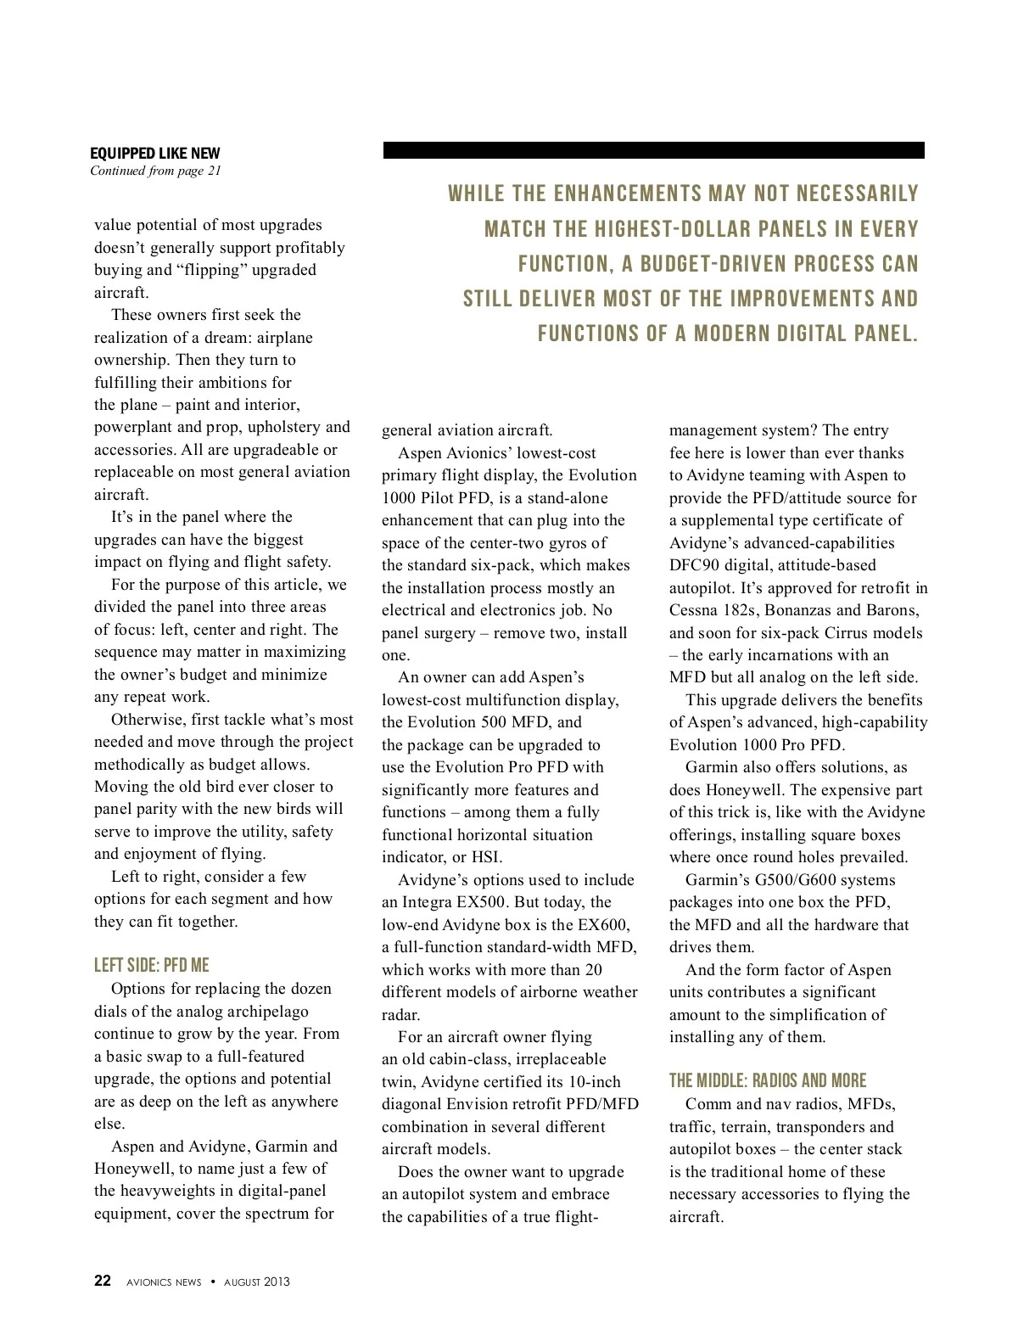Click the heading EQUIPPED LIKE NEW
click(154, 154)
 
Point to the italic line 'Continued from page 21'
click(155, 171)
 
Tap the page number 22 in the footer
click(102, 1282)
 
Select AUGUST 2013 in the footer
click(256, 1282)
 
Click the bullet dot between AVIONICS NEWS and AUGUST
click(213, 1282)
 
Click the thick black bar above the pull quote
click(653, 150)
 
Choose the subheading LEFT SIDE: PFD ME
click(151, 965)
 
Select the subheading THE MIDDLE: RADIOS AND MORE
click(767, 1080)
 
